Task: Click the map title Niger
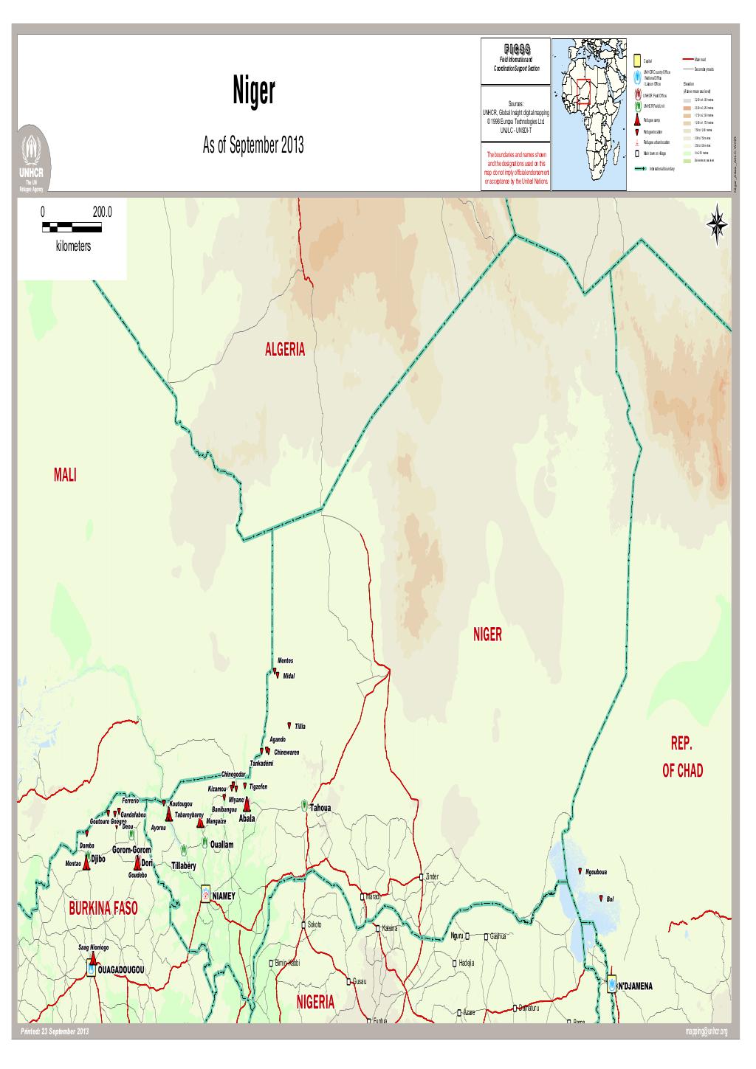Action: pyautogui.click(x=254, y=94)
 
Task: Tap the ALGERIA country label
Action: pyautogui.click(x=284, y=350)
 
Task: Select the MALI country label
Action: pyautogui.click(x=66, y=475)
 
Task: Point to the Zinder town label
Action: pyautogui.click(x=432, y=876)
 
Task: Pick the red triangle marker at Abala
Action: pyautogui.click(x=247, y=806)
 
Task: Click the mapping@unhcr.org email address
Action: pyautogui.click(x=706, y=1031)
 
